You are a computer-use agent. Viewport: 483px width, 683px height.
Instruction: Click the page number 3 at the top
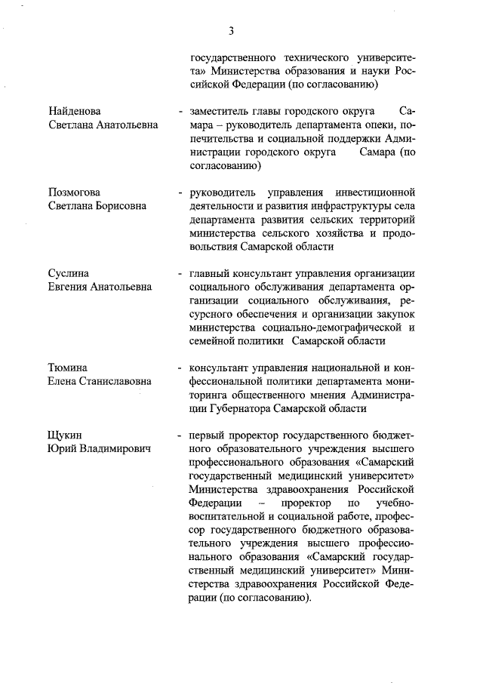232,31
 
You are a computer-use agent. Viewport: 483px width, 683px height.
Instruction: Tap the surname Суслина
69,273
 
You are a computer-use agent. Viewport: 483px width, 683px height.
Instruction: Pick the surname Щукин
66,436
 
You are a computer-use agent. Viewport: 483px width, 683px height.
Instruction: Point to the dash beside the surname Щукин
180,436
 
